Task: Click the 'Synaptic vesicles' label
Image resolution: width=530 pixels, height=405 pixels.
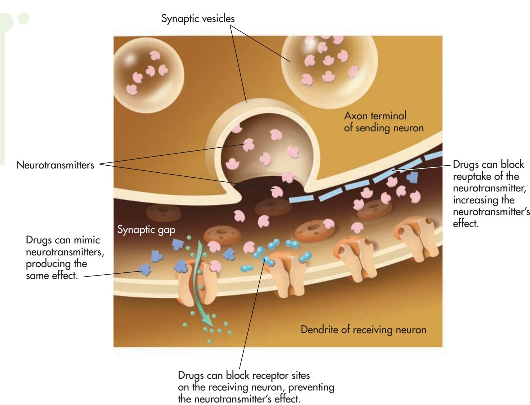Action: [198, 19]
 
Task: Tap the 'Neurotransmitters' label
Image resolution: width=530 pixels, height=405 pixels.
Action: [55, 165]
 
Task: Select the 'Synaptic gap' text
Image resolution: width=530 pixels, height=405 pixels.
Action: [146, 230]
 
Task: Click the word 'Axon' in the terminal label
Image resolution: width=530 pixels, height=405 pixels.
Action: [356, 116]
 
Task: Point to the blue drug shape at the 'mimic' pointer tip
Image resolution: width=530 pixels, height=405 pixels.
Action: [145, 269]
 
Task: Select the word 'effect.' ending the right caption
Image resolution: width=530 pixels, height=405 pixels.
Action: [466, 224]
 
